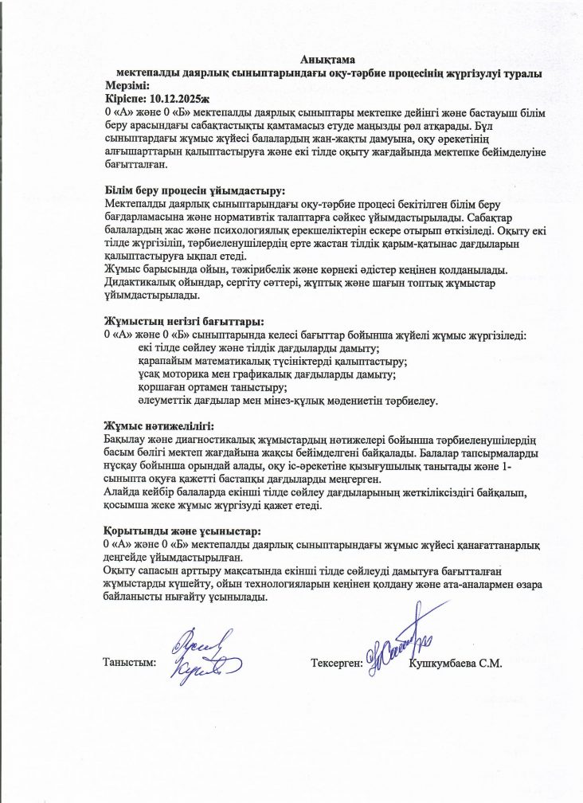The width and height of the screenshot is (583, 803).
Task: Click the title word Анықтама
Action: pyautogui.click(x=328, y=59)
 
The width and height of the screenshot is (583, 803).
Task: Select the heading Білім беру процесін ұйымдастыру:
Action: pyautogui.click(x=194, y=190)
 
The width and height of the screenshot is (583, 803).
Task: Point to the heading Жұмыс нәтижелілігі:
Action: pyautogui.click(x=159, y=426)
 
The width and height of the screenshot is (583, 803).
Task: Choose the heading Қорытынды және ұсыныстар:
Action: pyautogui.click(x=183, y=531)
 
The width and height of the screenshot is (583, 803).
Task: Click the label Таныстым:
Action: pyautogui.click(x=130, y=662)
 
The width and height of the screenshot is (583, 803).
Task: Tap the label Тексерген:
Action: pyautogui.click(x=337, y=662)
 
